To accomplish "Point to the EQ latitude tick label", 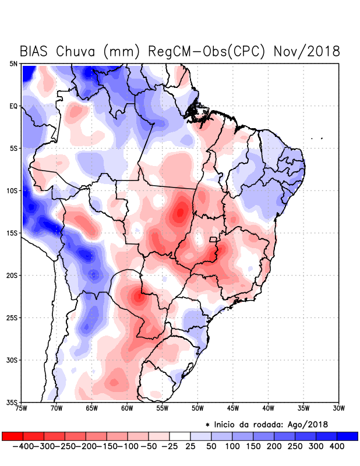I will (13, 106).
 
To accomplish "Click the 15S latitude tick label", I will (12, 233).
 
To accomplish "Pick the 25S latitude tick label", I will (12, 317).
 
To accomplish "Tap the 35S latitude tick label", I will (12, 402).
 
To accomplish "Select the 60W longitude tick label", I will (126, 408).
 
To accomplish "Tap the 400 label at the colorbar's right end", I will (337, 446).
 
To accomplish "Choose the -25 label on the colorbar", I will (170, 446).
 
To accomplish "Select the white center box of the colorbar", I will (180, 436).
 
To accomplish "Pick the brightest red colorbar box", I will (12, 436).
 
